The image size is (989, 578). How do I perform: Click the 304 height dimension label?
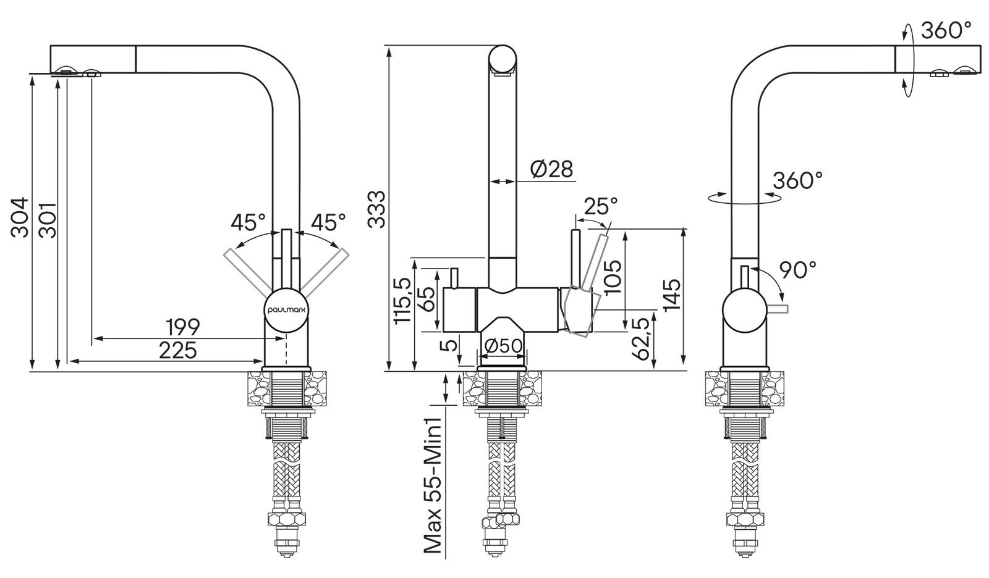point(20,217)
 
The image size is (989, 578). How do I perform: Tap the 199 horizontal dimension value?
point(183,326)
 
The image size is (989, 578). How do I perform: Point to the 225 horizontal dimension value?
point(177,350)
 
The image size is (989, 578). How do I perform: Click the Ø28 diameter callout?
point(551,169)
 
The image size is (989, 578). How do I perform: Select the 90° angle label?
point(797,269)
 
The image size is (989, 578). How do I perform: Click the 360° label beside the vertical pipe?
point(798,180)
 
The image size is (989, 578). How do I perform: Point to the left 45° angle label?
point(248,222)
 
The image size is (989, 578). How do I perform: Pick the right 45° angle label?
point(328,222)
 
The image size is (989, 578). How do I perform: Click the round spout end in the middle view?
point(502,61)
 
